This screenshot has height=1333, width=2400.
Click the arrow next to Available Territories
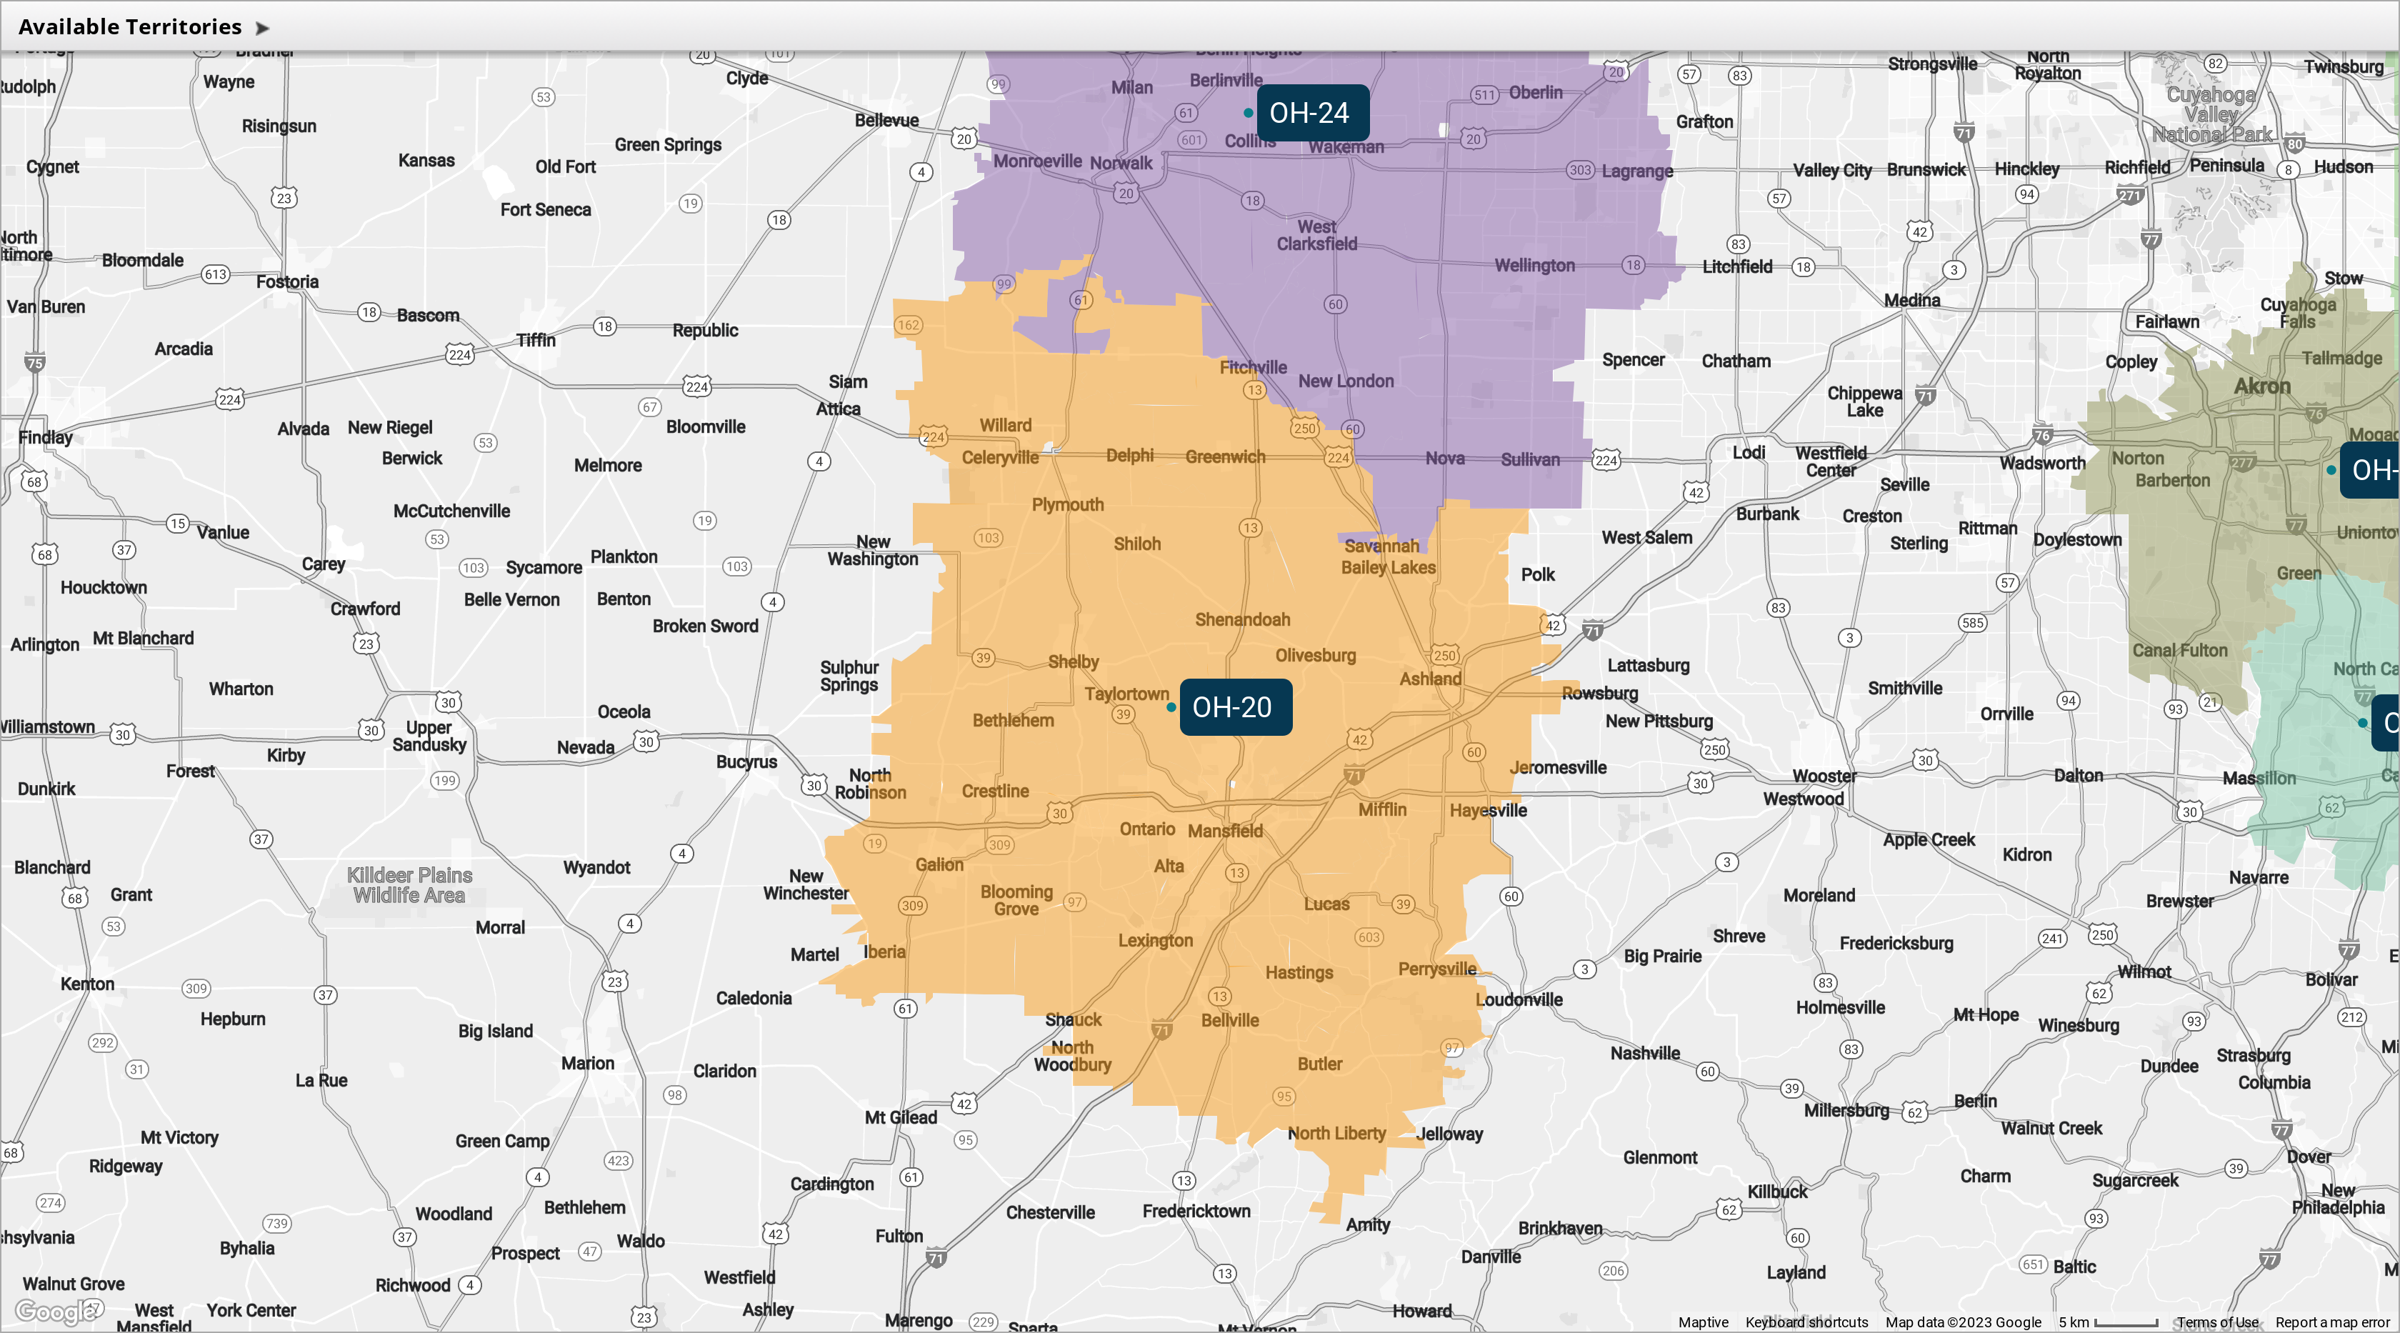(x=263, y=28)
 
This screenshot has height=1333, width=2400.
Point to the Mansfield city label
(x=1225, y=831)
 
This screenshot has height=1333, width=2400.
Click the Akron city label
(x=2262, y=386)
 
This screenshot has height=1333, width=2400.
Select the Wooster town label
(x=1824, y=776)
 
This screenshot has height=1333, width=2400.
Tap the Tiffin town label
(x=536, y=340)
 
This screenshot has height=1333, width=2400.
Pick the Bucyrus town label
(x=746, y=761)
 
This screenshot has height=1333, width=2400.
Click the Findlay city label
(x=45, y=437)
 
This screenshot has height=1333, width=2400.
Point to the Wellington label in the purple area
(x=1534, y=266)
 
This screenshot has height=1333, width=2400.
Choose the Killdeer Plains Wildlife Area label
(x=409, y=885)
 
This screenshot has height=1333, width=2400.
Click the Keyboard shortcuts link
(x=1806, y=1322)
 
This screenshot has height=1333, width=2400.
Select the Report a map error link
(x=2332, y=1322)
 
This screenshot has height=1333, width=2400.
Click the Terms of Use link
(x=2216, y=1322)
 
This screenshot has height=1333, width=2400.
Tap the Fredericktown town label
(x=1196, y=1211)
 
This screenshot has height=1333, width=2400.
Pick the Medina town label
(x=1912, y=300)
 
